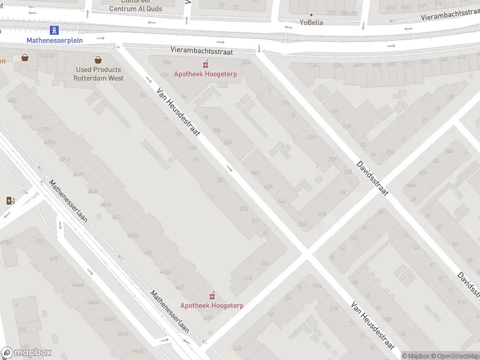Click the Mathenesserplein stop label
click(x=55, y=40)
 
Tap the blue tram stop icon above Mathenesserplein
click(x=55, y=29)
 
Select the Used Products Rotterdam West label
click(x=98, y=74)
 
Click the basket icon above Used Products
click(x=98, y=59)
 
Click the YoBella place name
click(x=311, y=23)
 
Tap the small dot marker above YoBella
click(x=311, y=14)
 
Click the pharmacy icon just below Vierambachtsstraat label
click(x=205, y=64)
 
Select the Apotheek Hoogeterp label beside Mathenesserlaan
click(x=212, y=305)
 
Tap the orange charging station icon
click(x=10, y=200)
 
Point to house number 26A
click(x=227, y=142)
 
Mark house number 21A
click(x=312, y=137)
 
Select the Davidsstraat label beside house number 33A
click(x=373, y=178)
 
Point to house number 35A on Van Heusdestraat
click(x=221, y=180)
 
